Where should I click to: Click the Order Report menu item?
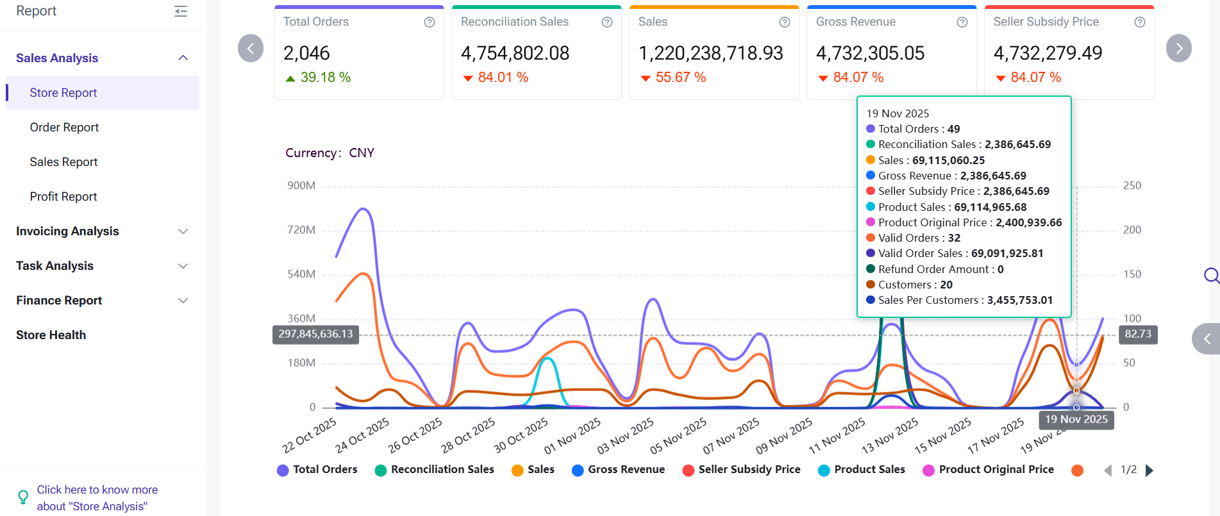click(x=64, y=128)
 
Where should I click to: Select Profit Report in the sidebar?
click(x=63, y=197)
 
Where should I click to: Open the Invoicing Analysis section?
click(x=67, y=231)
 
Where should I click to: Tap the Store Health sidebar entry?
click(x=51, y=335)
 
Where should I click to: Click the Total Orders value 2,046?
click(x=306, y=53)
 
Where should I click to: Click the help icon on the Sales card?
click(x=784, y=22)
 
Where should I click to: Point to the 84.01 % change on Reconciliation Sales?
click(x=503, y=78)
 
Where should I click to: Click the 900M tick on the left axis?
click(x=301, y=186)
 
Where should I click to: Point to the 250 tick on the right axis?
click(x=1132, y=186)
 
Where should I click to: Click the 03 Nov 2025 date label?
click(x=626, y=435)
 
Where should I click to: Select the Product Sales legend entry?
click(x=869, y=470)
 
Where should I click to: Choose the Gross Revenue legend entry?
click(x=626, y=470)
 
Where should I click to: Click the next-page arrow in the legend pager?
click(x=1149, y=470)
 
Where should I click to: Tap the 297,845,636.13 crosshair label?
click(x=315, y=335)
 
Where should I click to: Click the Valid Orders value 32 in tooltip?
click(x=954, y=238)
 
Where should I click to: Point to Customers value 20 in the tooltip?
click(x=946, y=285)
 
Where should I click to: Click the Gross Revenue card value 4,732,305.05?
click(x=870, y=53)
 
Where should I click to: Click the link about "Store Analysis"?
click(x=97, y=498)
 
